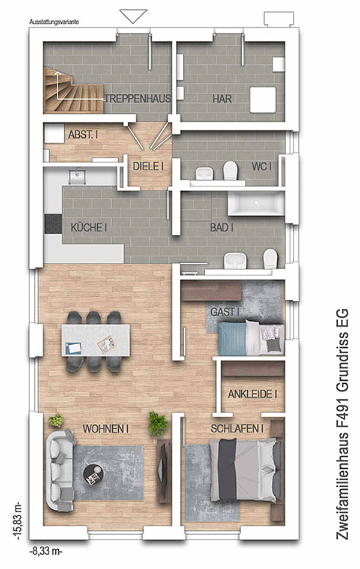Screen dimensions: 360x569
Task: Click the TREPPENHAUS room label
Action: [138, 98]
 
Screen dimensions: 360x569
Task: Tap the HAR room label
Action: [223, 98]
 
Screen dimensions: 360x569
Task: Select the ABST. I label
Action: [83, 135]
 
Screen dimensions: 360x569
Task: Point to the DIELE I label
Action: [148, 166]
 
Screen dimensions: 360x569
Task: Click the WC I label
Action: [262, 166]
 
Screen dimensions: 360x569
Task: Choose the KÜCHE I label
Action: [89, 227]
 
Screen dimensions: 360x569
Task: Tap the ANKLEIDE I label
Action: [253, 394]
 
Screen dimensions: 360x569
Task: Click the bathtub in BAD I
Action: [256, 203]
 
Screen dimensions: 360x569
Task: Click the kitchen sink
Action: [77, 176]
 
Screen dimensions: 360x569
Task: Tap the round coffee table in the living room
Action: [94, 474]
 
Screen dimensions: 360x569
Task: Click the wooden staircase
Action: [73, 91]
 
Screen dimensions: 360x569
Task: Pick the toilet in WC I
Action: [230, 170]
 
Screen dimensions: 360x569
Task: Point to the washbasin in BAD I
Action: [235, 261]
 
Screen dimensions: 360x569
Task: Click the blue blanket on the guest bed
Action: [232, 339]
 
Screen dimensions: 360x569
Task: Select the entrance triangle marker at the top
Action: [133, 16]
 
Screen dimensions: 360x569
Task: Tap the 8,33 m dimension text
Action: [46, 552]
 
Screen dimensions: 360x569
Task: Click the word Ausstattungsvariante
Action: [54, 22]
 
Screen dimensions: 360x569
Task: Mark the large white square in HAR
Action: [263, 100]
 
